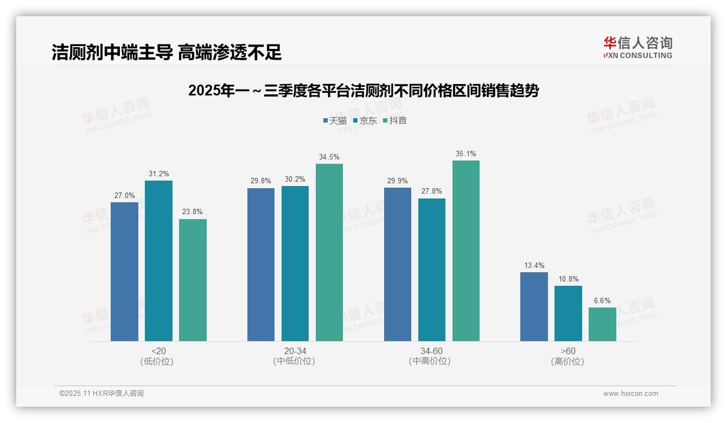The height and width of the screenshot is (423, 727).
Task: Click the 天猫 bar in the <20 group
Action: (x=124, y=271)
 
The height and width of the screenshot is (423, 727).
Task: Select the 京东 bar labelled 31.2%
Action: (x=158, y=261)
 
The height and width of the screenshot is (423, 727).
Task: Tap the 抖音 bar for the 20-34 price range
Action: (x=329, y=252)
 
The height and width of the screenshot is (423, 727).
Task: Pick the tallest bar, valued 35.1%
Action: (x=466, y=251)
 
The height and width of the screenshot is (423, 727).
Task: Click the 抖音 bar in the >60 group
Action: (x=602, y=324)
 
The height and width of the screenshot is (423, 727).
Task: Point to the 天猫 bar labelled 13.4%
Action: (x=534, y=306)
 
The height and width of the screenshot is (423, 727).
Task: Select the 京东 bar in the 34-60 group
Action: (x=432, y=270)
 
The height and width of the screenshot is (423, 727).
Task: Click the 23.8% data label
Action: (x=193, y=212)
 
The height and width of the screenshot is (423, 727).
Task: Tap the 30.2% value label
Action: (x=295, y=179)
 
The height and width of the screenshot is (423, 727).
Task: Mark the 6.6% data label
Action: (x=602, y=300)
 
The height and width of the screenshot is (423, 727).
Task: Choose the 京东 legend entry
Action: (x=365, y=120)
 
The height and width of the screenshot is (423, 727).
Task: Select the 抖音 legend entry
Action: (x=394, y=120)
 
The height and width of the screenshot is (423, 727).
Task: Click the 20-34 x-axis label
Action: (x=295, y=351)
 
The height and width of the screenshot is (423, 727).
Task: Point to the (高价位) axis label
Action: (x=568, y=362)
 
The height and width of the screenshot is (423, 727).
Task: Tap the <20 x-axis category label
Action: (x=158, y=351)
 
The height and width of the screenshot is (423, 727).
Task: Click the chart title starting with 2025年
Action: (x=363, y=91)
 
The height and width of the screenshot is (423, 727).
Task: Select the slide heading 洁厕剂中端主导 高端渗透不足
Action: (x=167, y=52)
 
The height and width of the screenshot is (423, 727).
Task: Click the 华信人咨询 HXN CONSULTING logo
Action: (x=637, y=48)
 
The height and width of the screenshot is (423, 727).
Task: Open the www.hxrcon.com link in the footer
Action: (x=630, y=394)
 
